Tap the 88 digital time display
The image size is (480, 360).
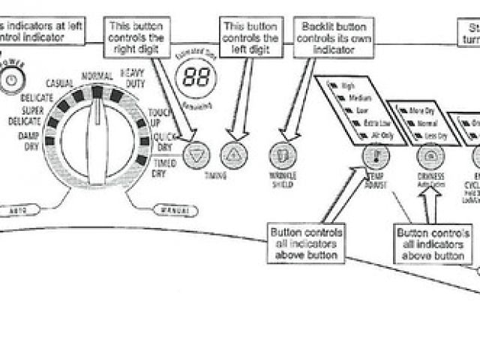click(x=196, y=77)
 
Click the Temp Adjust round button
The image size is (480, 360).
click(x=374, y=156)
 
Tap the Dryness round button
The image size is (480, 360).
click(x=430, y=156)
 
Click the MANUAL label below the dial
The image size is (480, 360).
click(x=169, y=210)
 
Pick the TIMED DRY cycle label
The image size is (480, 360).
click(x=163, y=168)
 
